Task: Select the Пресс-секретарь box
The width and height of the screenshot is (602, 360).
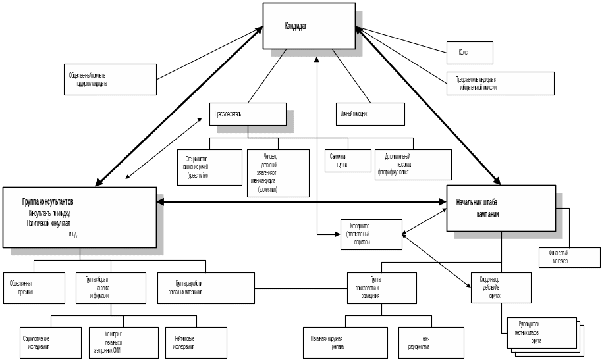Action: (248, 114)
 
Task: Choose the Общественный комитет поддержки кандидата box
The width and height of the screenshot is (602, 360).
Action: (111, 80)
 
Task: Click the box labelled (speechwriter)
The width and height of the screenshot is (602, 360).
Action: (210, 167)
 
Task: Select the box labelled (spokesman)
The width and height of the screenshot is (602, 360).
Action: (277, 172)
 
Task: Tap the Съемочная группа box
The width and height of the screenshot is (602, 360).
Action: (348, 161)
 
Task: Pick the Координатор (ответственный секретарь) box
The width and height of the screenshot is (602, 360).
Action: (371, 234)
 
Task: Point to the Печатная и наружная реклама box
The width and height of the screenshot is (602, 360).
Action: (344, 342)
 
